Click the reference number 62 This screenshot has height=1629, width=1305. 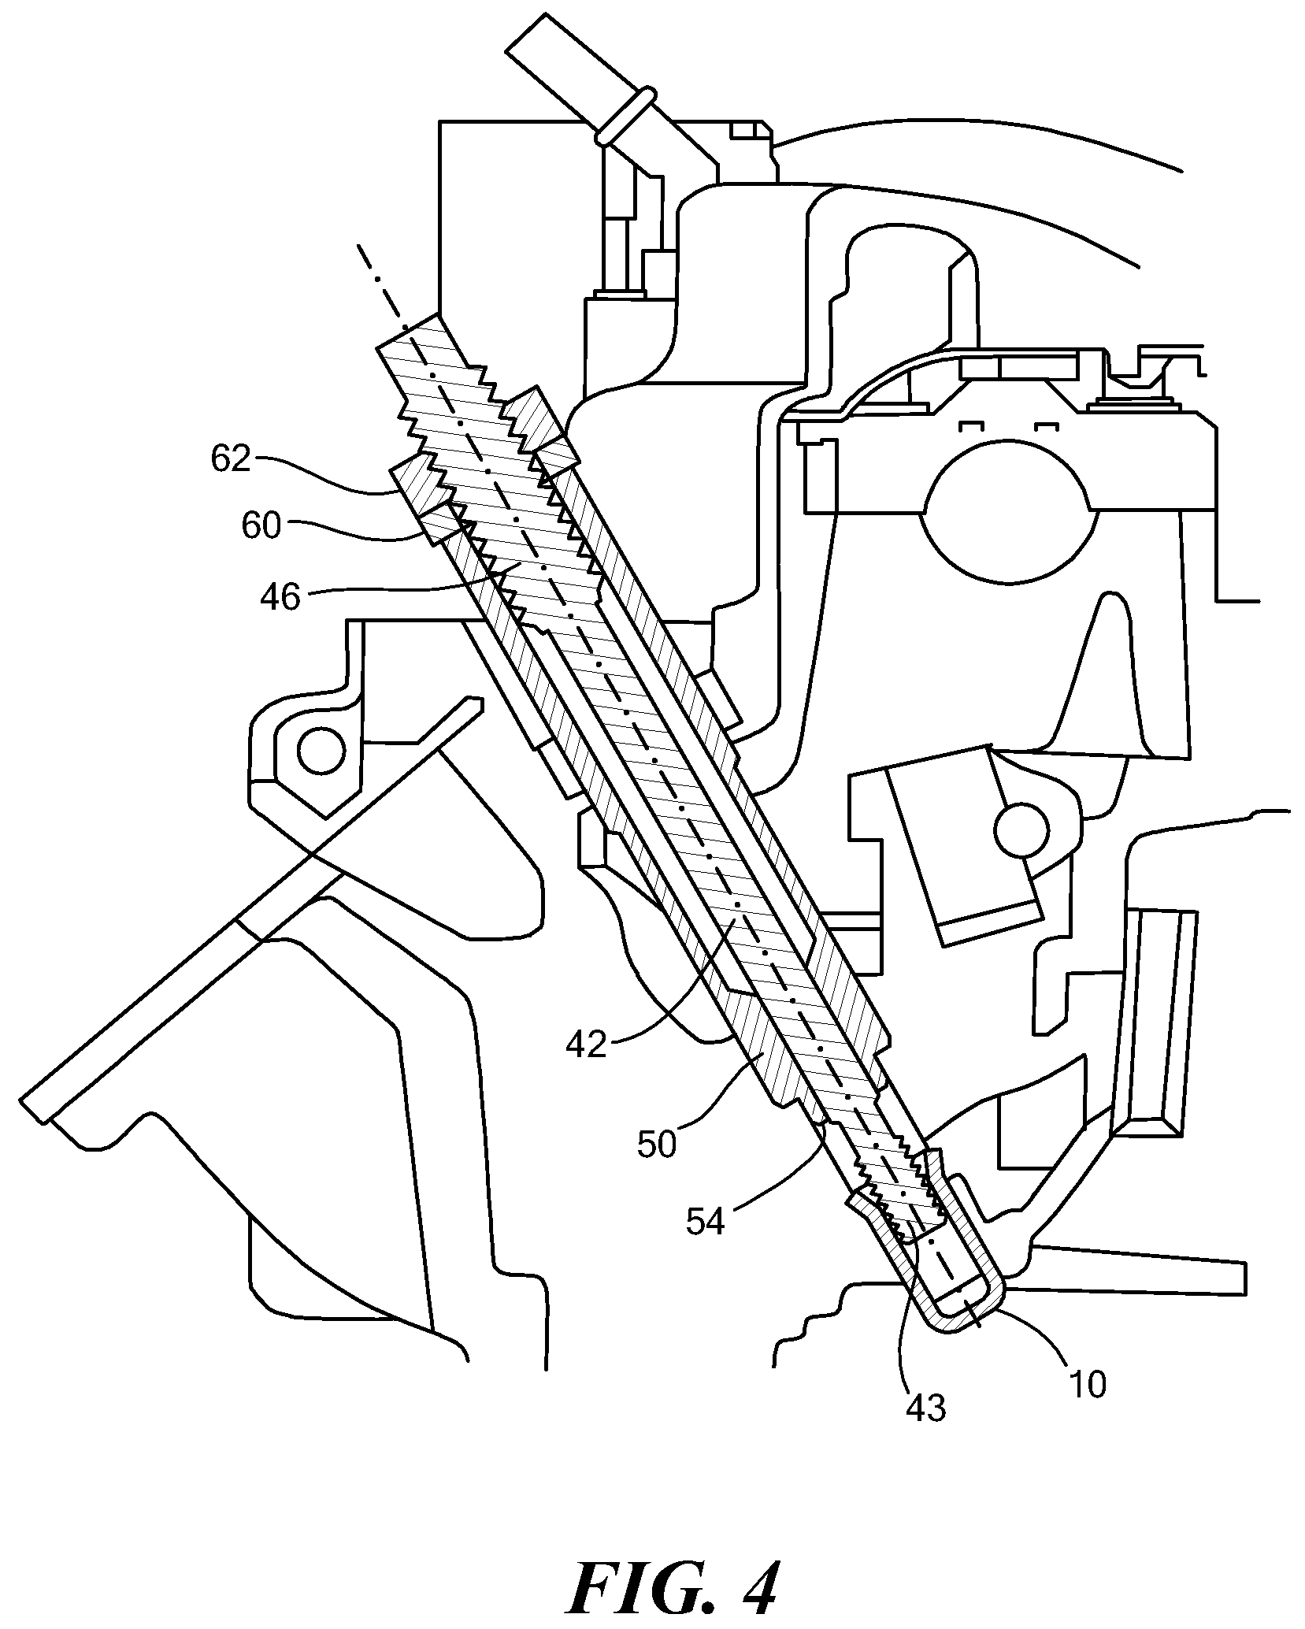point(230,458)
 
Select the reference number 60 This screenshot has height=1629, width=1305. point(261,525)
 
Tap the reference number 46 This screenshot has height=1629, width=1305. point(280,598)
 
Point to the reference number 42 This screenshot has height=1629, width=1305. point(586,1044)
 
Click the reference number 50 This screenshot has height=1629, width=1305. point(657,1144)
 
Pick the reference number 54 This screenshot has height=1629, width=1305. point(704,1223)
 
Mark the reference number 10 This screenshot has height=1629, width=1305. point(1088,1382)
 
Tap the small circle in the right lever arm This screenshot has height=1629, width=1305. point(1021,829)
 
